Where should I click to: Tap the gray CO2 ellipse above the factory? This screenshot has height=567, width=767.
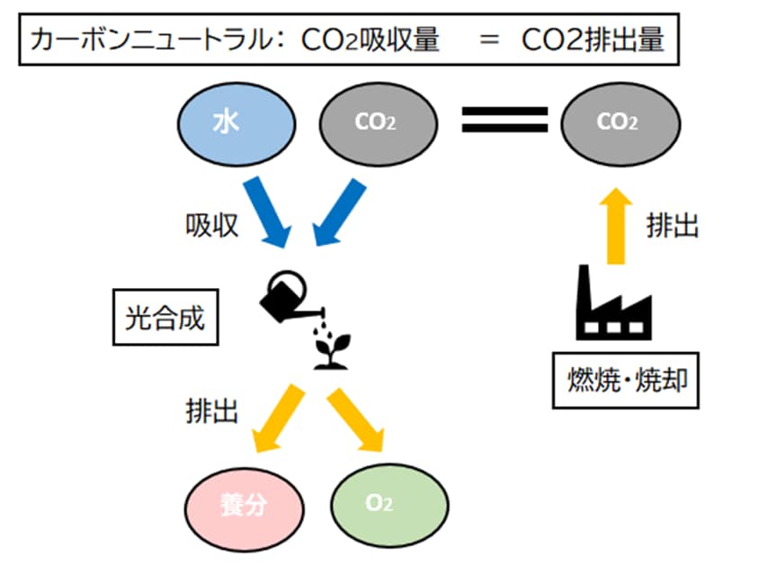(620, 123)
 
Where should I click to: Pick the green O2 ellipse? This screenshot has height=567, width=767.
(388, 503)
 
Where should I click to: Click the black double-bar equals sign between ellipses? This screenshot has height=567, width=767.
(504, 121)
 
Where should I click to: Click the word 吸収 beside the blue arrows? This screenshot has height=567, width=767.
(212, 225)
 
